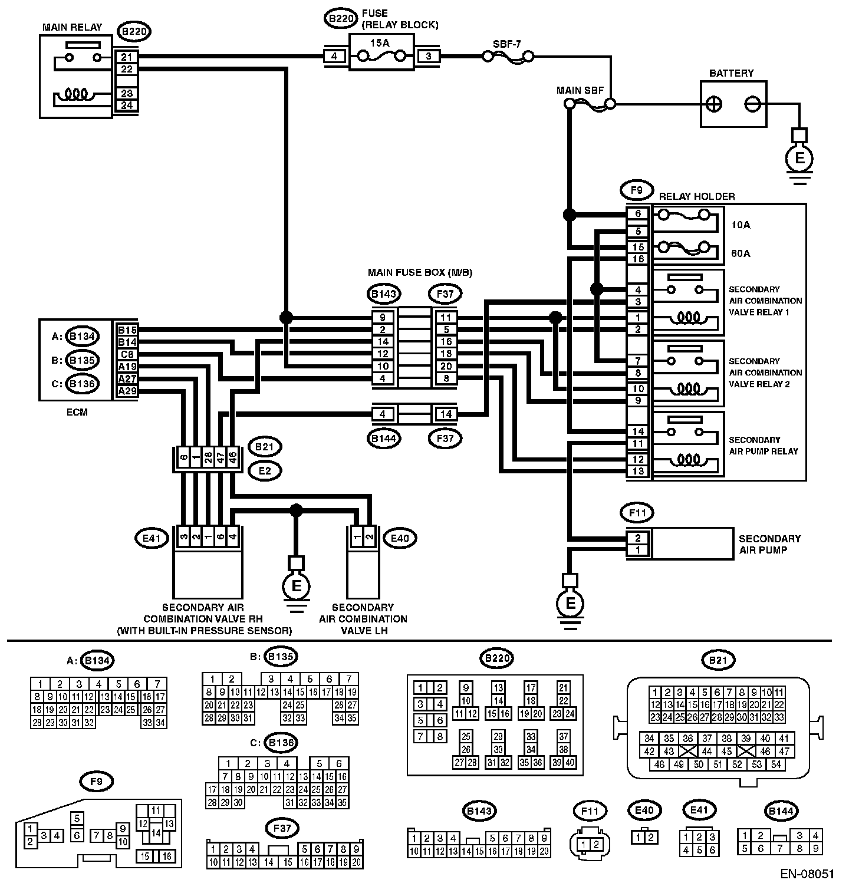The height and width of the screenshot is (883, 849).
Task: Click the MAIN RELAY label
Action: pyautogui.click(x=72, y=27)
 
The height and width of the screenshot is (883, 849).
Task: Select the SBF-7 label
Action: pyautogui.click(x=506, y=44)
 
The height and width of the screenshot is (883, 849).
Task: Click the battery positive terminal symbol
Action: pyautogui.click(x=714, y=104)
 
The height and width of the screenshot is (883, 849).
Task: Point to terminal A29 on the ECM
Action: pyautogui.click(x=127, y=391)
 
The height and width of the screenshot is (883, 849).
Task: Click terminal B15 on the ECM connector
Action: pyautogui.click(x=127, y=330)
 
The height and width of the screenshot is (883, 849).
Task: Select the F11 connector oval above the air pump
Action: pyautogui.click(x=638, y=513)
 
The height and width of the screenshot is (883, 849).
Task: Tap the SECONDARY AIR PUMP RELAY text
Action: pyautogui.click(x=764, y=446)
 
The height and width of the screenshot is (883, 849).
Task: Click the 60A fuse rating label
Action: pyautogui.click(x=741, y=253)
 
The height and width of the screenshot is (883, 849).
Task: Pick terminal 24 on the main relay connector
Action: pyautogui.click(x=127, y=106)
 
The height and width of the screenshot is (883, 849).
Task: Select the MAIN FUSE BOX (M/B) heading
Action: pyautogui.click(x=420, y=272)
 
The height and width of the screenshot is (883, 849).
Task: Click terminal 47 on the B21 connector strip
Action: pyautogui.click(x=221, y=458)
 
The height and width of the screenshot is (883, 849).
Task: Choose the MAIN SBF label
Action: pyautogui.click(x=577, y=90)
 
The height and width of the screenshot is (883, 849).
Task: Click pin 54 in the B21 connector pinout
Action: pyautogui.click(x=776, y=765)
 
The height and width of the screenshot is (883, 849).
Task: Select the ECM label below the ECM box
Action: pyautogui.click(x=77, y=413)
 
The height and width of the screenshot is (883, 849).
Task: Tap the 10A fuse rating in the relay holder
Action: pyautogui.click(x=741, y=225)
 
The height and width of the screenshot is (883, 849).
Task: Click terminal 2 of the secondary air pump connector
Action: pyautogui.click(x=638, y=538)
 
